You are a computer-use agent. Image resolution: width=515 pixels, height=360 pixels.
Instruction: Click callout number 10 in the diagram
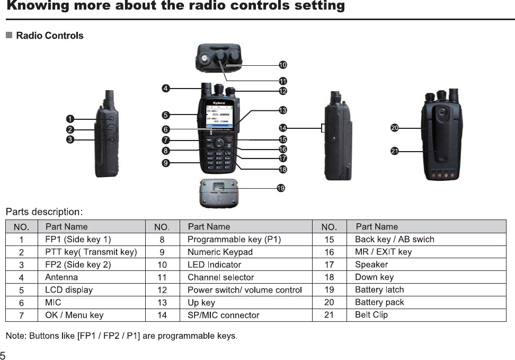click(283, 65)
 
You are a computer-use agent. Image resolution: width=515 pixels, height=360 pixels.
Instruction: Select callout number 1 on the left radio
click(69, 118)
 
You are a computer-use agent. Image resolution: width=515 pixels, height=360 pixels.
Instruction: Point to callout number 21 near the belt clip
click(394, 151)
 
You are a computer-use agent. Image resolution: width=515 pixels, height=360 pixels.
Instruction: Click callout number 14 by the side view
click(282, 128)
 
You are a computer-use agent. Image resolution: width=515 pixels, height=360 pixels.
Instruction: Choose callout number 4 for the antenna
click(166, 89)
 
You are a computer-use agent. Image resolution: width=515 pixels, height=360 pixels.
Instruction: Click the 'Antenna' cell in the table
click(61, 277)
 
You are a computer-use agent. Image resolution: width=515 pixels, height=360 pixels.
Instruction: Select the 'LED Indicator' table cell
click(214, 265)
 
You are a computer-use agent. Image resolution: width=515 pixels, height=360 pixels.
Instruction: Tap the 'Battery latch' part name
click(379, 290)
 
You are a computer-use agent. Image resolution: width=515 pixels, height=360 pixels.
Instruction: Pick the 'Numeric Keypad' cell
click(220, 252)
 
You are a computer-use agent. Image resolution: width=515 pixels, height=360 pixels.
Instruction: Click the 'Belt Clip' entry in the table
click(371, 315)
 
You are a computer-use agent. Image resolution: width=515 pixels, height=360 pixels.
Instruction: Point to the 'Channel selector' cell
click(220, 277)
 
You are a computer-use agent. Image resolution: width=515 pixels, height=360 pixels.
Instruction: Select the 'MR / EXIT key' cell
click(383, 252)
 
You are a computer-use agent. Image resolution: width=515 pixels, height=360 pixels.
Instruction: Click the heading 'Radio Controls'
click(50, 36)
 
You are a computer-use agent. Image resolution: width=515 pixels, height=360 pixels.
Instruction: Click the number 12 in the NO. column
click(162, 290)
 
